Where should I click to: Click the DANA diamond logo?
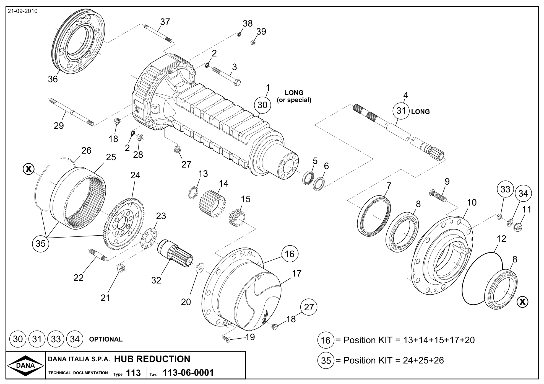click(25, 365)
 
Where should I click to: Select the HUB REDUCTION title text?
click(152, 359)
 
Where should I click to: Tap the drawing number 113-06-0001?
click(189, 373)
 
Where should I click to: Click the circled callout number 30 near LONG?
click(262, 105)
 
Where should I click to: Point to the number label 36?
click(53, 79)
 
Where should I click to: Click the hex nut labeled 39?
click(253, 43)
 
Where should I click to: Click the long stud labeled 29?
click(72, 112)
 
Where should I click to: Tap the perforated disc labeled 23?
click(149, 238)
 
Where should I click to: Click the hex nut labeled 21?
click(121, 268)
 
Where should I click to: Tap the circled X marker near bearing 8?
click(522, 302)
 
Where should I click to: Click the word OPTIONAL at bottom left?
click(106, 339)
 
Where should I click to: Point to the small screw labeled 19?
click(226, 339)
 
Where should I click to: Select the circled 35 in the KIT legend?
click(326, 361)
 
